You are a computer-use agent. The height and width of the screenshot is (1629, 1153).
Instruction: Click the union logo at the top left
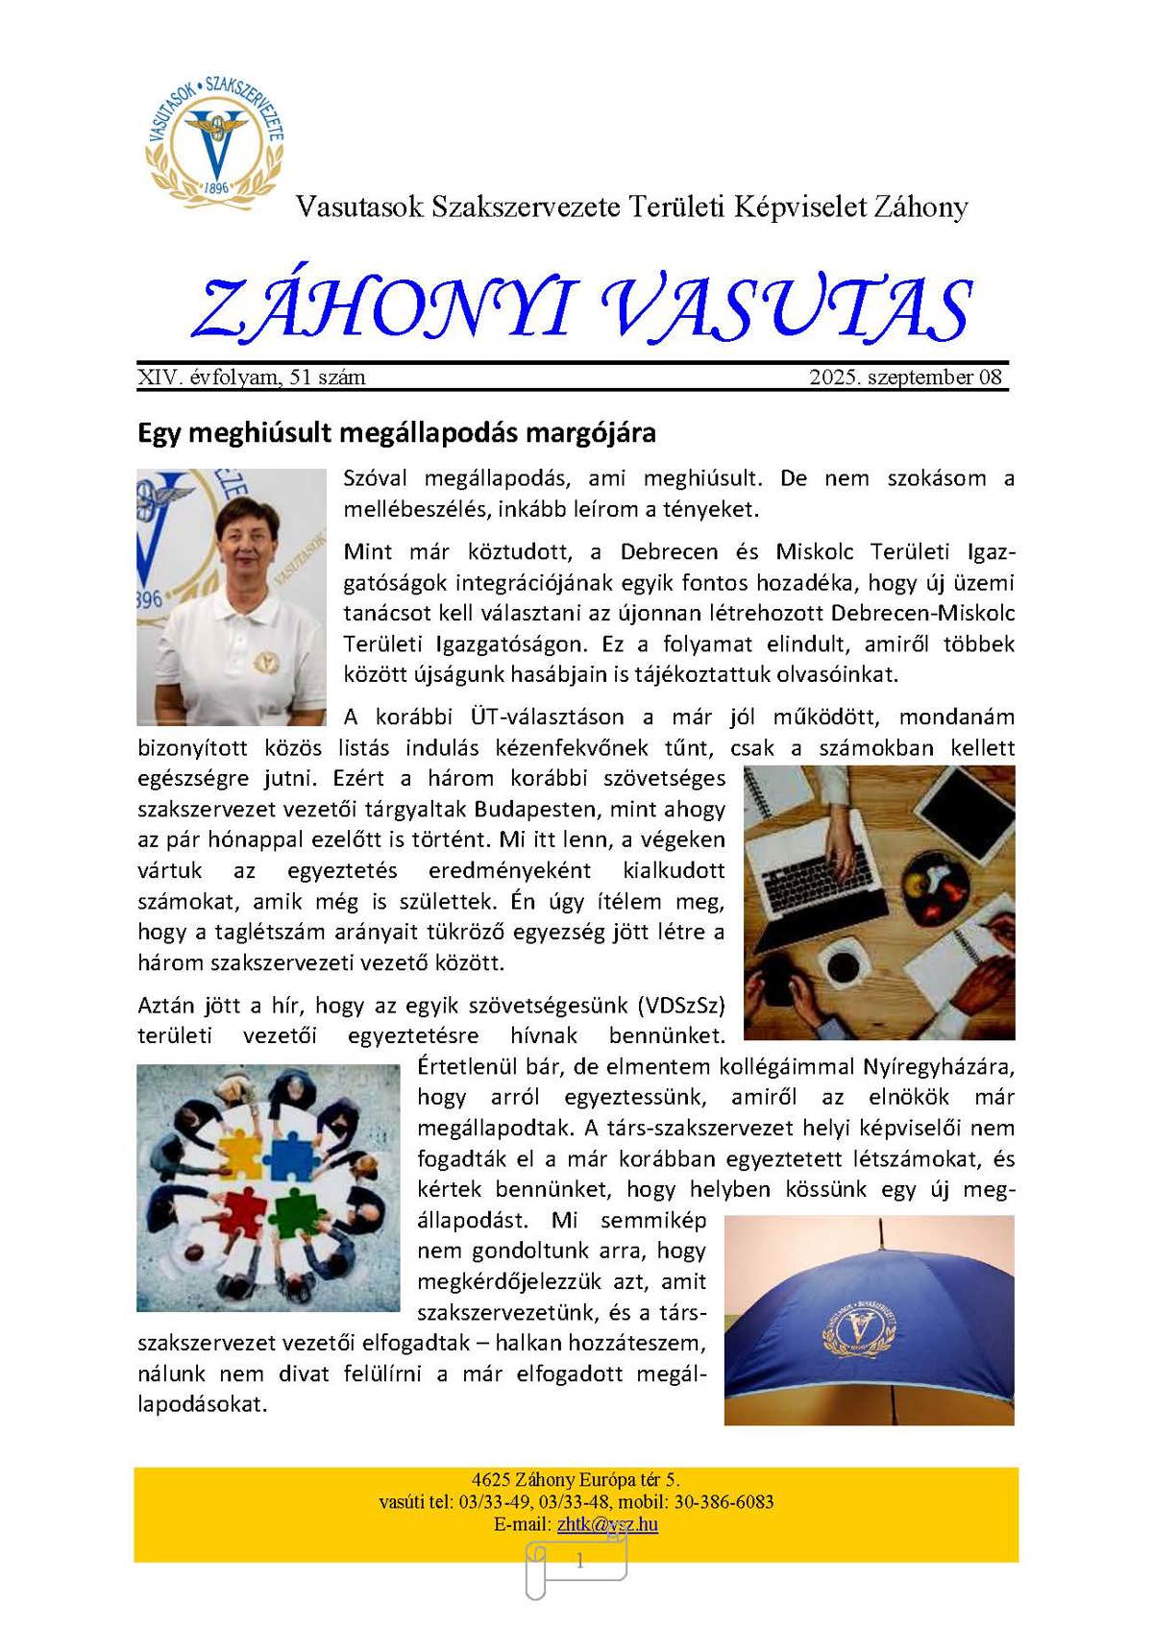[215, 139]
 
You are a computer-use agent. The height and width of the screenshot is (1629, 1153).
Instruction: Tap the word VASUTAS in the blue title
[787, 309]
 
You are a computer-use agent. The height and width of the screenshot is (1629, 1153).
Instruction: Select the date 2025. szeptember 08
[905, 377]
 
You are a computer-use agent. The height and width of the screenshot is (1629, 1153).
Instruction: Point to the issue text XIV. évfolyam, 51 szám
[252, 377]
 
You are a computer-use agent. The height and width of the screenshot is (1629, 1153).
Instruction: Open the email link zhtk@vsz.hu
[607, 1524]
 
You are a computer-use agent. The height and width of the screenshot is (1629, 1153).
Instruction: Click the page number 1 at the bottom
[579, 1563]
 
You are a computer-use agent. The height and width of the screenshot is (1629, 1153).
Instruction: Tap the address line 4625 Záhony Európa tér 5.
[576, 1480]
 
